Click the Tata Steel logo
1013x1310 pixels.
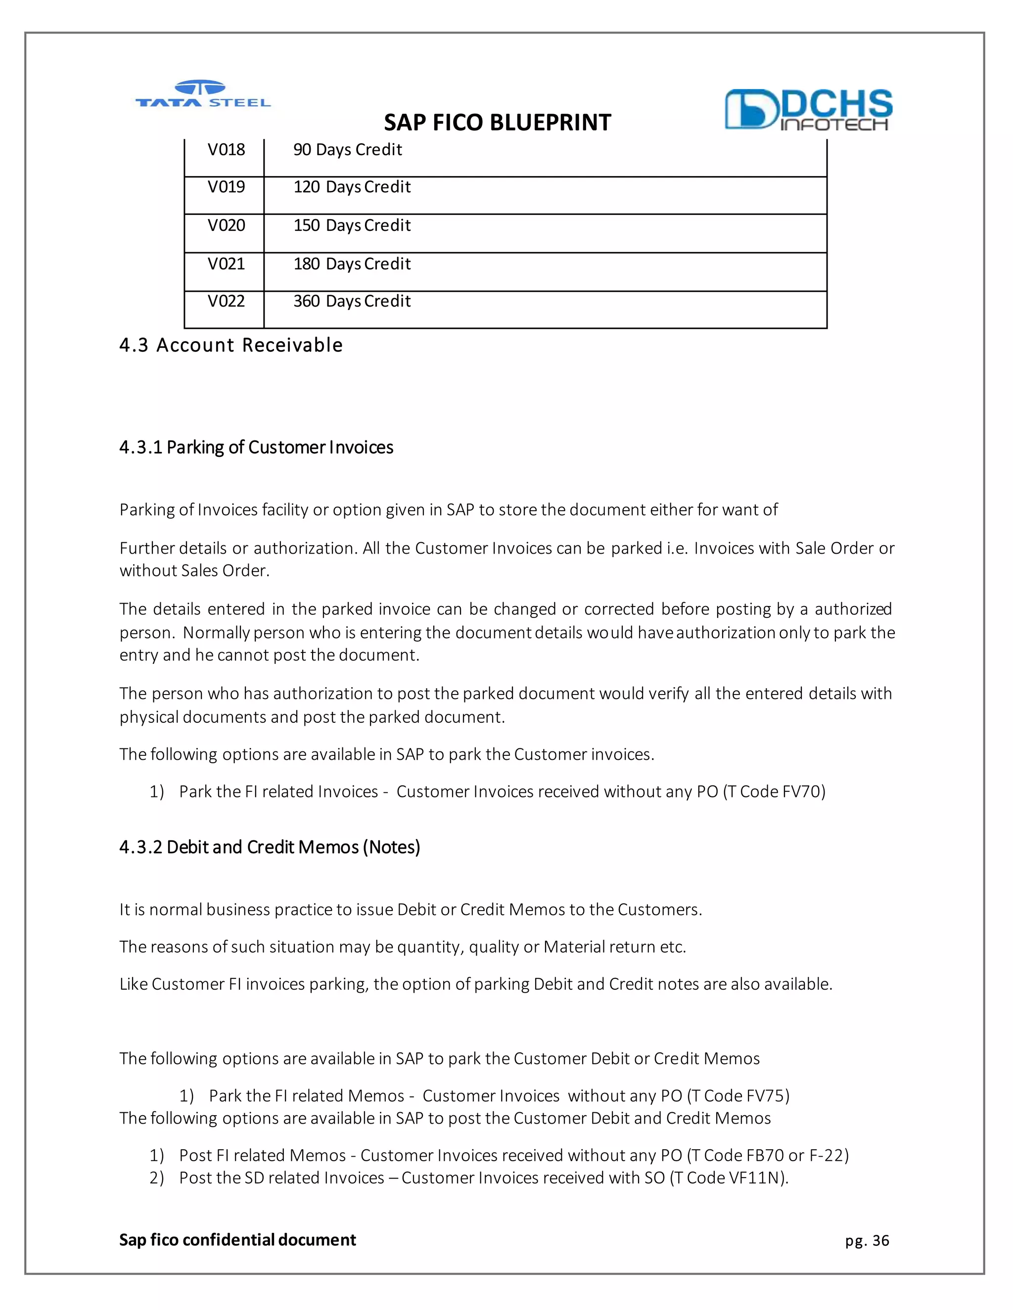203,95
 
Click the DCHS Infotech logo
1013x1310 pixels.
808,110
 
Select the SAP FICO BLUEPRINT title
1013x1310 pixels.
497,123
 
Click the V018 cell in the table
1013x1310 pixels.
226,150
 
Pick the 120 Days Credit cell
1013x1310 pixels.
352,187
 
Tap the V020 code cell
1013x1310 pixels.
226,225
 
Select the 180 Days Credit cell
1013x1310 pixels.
352,264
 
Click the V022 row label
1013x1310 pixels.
226,301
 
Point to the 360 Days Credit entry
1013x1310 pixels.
352,301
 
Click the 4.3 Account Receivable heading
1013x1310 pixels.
231,346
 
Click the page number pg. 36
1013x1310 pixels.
867,1240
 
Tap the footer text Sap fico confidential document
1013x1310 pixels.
237,1240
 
